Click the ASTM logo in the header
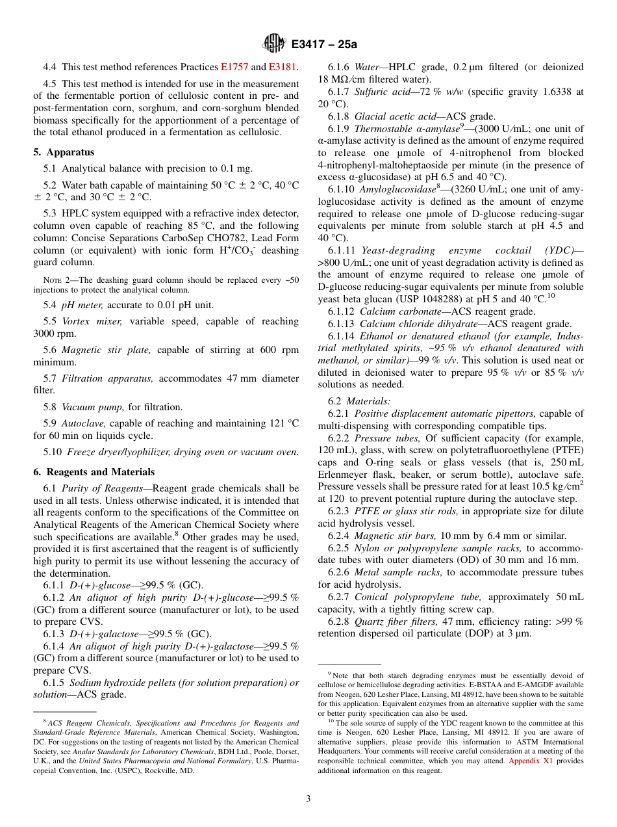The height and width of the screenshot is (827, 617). tap(273, 44)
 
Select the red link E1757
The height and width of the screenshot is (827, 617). tap(234, 67)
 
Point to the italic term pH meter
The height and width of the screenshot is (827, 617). tap(82, 305)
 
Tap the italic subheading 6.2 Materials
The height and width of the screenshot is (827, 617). tap(359, 402)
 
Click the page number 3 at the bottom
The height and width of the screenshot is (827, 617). tap(308, 798)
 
